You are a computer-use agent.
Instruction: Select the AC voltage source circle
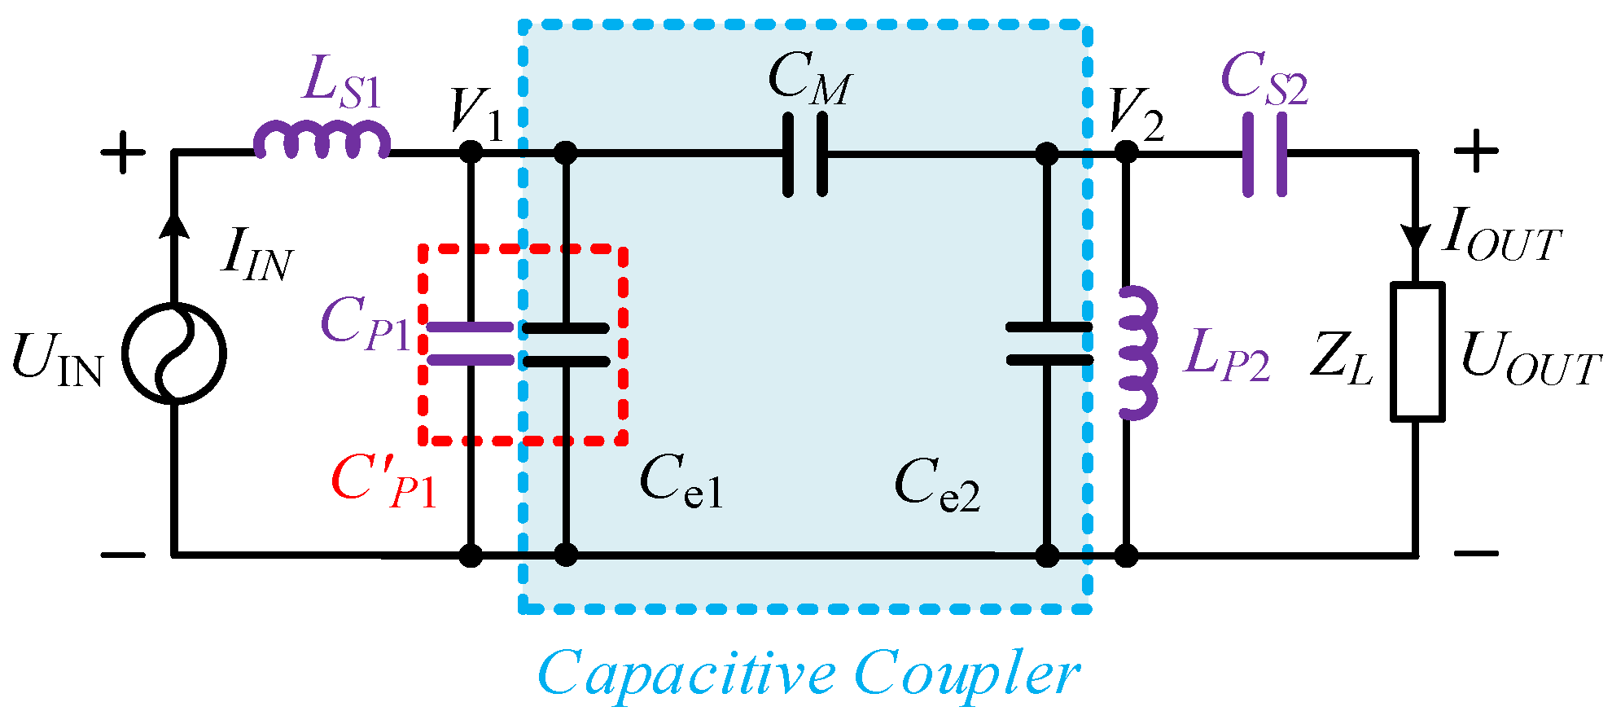pyautogui.click(x=174, y=353)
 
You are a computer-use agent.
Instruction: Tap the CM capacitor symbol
pyautogui.click(x=805, y=153)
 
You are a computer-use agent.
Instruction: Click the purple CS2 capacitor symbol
pyautogui.click(x=1265, y=153)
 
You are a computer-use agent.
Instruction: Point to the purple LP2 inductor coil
pyautogui.click(x=1137, y=353)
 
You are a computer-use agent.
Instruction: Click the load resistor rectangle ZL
pyautogui.click(x=1417, y=352)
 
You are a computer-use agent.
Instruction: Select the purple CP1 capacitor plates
pyautogui.click(x=470, y=344)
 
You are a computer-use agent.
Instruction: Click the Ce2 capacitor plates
pyautogui.click(x=1048, y=344)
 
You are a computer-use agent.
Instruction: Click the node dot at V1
pyautogui.click(x=471, y=152)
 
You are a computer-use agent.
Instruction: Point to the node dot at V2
pyautogui.click(x=1126, y=152)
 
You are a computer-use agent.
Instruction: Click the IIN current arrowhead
pyautogui.click(x=173, y=225)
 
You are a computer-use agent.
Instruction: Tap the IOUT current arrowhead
pyautogui.click(x=1417, y=239)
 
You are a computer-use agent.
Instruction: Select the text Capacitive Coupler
pyautogui.click(x=808, y=673)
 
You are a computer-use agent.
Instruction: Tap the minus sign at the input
pyautogui.click(x=123, y=555)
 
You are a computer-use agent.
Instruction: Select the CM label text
pyautogui.click(x=810, y=78)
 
